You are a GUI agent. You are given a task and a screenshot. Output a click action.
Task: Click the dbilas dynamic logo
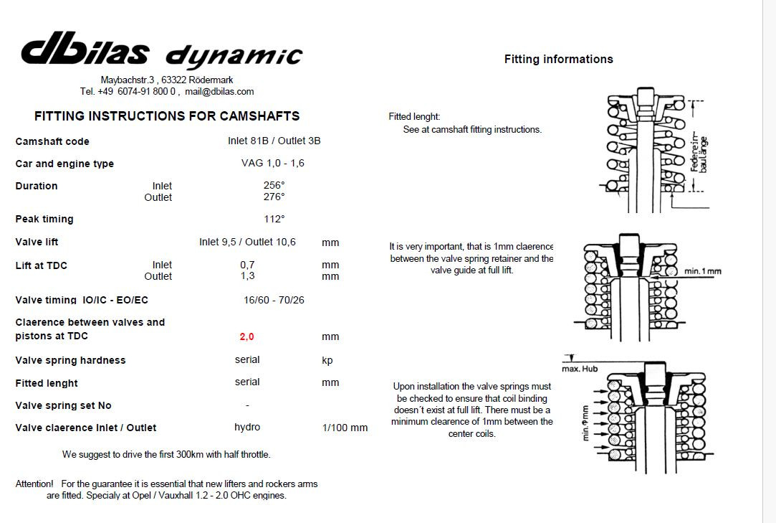pyautogui.click(x=161, y=50)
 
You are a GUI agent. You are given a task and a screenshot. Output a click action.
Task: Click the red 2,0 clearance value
pyautogui.click(x=246, y=336)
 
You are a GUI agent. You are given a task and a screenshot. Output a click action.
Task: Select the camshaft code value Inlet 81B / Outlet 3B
pyautogui.click(x=274, y=141)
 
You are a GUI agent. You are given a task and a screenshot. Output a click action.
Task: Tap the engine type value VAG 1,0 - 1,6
pyautogui.click(x=273, y=163)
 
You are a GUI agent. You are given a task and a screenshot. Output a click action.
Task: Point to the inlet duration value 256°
pyautogui.click(x=274, y=185)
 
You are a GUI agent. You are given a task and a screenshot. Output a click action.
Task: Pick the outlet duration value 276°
pyautogui.click(x=274, y=197)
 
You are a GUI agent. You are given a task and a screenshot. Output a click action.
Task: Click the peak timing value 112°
pyautogui.click(x=274, y=219)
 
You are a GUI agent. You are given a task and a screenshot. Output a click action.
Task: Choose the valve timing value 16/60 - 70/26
pyautogui.click(x=274, y=300)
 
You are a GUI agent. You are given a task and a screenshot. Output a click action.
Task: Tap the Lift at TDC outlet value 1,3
pyautogui.click(x=247, y=276)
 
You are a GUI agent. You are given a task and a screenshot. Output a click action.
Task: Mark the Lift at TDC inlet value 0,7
pyautogui.click(x=247, y=265)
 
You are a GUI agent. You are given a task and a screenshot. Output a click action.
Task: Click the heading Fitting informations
pyautogui.click(x=559, y=60)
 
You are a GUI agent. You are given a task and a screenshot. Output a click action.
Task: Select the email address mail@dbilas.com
pyautogui.click(x=219, y=92)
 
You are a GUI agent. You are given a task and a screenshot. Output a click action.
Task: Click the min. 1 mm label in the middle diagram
pyautogui.click(x=703, y=271)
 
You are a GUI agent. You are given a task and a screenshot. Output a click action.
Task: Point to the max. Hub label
pyautogui.click(x=580, y=369)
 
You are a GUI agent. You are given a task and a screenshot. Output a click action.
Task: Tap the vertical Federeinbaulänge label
pyautogui.click(x=699, y=154)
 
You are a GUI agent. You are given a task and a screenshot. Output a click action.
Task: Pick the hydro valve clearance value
pyautogui.click(x=247, y=427)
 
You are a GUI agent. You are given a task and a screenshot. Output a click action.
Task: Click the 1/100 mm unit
pyautogui.click(x=345, y=428)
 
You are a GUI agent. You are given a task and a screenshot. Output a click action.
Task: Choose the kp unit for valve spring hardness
pyautogui.click(x=327, y=360)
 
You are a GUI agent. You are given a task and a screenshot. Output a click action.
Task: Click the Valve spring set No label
pyautogui.click(x=63, y=405)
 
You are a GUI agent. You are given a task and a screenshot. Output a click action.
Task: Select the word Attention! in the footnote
pyautogui.click(x=34, y=484)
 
